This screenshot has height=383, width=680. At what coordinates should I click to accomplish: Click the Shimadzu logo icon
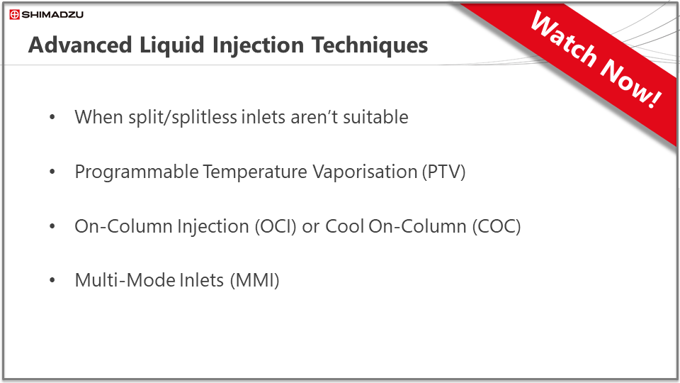pos(14,15)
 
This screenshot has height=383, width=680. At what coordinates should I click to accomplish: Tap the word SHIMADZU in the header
pos(52,15)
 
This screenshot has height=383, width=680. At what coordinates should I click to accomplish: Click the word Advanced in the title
pos(80,45)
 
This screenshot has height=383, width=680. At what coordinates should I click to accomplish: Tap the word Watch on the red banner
pos(564,40)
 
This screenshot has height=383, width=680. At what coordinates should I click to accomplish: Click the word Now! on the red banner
pos(631,83)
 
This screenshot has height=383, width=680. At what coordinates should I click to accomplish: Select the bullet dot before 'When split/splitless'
pos(52,117)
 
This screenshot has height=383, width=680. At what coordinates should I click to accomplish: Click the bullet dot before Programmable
pos(52,172)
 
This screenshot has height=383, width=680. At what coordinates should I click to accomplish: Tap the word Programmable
pos(137,172)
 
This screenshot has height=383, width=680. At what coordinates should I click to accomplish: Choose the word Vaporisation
pos(365,172)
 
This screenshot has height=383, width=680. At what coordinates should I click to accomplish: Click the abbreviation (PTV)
pos(444,172)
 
